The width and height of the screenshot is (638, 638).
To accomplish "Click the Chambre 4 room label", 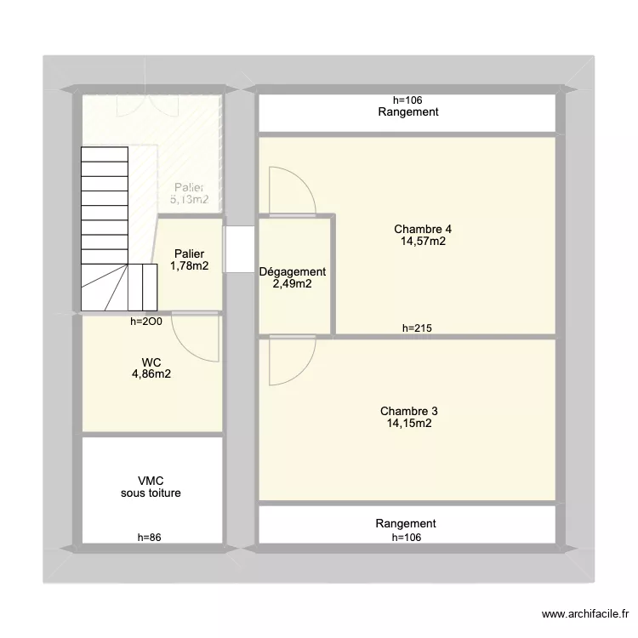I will point(423,229).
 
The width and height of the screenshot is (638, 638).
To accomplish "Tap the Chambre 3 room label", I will point(409,411).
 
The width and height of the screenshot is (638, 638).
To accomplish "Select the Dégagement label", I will point(292,272).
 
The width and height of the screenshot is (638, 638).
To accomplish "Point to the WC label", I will point(151,362).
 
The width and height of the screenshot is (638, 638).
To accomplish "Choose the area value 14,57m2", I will point(423,241).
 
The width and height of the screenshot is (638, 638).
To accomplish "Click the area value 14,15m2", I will point(409,423).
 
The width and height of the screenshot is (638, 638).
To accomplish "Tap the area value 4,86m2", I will point(151,373).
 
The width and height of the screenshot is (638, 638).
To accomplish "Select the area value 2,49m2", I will point(292,284).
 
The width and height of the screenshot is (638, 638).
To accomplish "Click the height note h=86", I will point(151,537).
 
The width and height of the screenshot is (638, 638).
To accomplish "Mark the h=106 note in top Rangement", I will point(408,100).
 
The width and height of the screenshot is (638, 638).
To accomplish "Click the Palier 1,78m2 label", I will point(190,259).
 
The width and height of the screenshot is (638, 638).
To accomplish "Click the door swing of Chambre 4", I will point(291,191).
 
